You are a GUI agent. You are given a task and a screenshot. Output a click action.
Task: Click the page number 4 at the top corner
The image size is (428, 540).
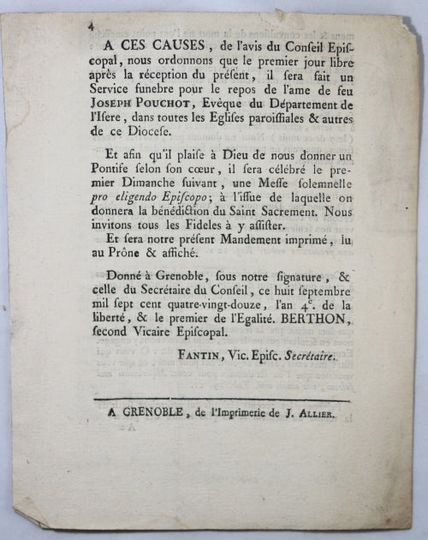pyautogui.click(x=91, y=27)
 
